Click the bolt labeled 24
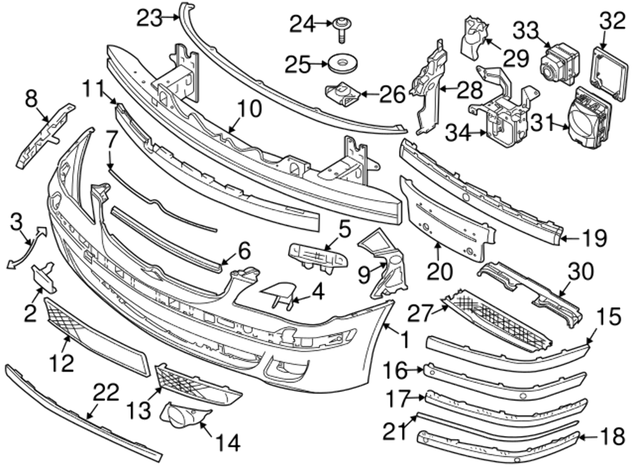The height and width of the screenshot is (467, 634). click(340, 27)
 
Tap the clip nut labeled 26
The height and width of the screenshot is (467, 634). click(343, 96)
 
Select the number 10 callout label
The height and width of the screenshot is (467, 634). click(250, 109)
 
